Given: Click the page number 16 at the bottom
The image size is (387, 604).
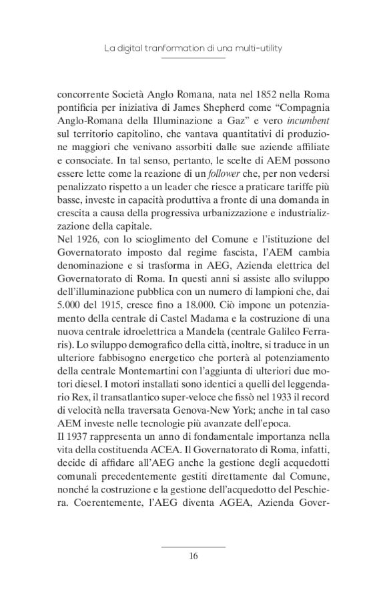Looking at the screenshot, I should click(x=193, y=555).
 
